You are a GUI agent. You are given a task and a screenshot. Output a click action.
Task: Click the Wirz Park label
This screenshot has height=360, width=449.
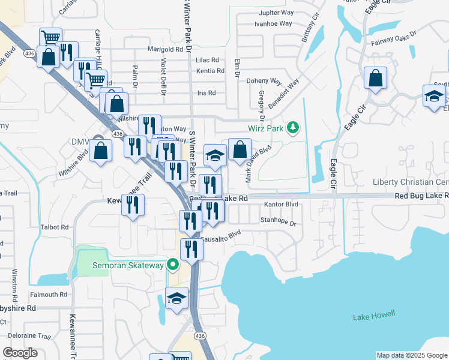(x=266, y=128)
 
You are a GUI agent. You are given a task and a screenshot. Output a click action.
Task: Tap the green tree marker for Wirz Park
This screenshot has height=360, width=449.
(x=292, y=127)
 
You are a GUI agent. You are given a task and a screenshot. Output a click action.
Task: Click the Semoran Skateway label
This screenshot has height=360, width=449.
(x=127, y=265)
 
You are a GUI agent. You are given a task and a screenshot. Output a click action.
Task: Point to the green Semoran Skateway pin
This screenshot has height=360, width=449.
(x=173, y=265)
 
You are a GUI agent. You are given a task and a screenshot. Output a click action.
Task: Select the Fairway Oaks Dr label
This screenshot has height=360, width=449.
(x=394, y=39)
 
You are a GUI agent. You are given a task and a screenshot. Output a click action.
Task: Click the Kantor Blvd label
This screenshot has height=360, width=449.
(x=281, y=205)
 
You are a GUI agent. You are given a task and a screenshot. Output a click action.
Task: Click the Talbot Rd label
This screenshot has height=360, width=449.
(x=55, y=228)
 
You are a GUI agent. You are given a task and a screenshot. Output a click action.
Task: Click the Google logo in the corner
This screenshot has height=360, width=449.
(x=20, y=353)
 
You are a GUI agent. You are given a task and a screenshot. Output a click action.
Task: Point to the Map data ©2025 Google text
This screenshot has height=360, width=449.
(x=412, y=355)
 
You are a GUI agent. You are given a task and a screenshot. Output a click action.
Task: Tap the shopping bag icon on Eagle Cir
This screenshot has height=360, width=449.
(x=375, y=78)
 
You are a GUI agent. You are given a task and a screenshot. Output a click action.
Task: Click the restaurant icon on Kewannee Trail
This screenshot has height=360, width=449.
(x=133, y=205)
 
